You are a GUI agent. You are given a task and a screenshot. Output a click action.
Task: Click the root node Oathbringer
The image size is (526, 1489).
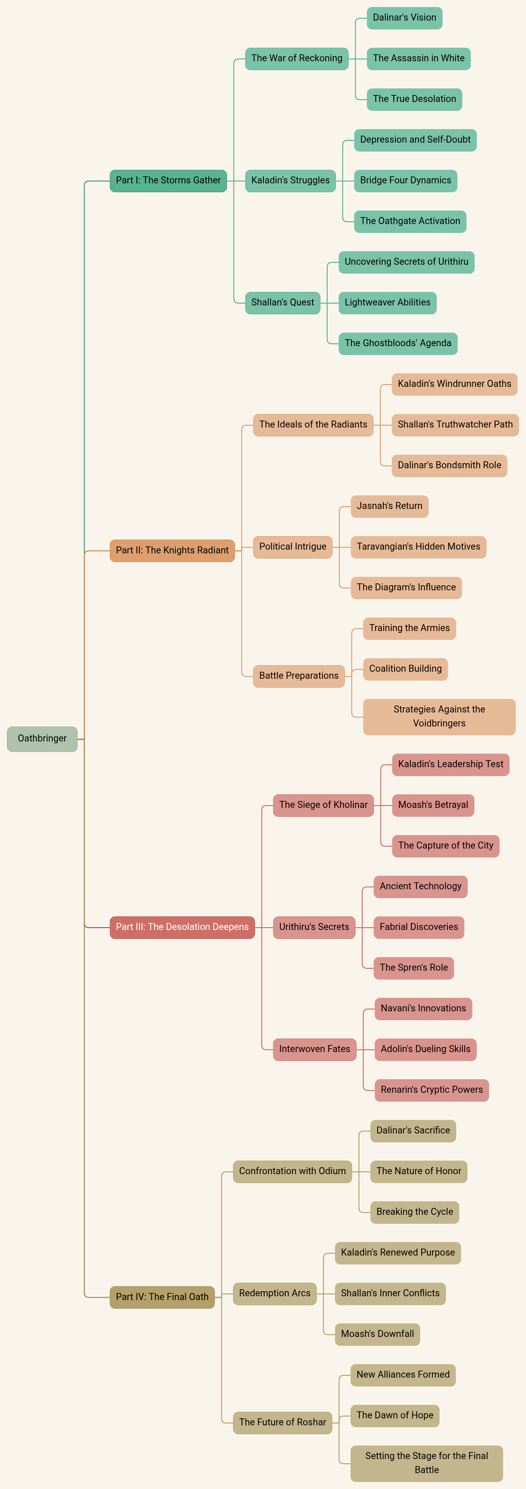42,739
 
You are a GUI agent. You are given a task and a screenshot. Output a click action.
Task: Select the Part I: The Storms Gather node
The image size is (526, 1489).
168,181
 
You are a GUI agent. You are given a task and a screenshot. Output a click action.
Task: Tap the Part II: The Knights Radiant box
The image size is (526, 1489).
172,550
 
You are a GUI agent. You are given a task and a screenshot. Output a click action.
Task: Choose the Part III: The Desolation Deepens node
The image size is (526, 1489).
182,927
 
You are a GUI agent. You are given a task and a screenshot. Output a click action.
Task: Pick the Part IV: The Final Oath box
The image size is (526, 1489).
162,1297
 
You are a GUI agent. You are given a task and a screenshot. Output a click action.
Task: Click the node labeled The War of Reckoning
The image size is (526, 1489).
297,58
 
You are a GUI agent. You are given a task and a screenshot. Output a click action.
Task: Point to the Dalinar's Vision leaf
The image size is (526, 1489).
405,18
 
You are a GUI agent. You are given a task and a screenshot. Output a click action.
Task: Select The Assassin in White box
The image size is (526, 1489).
418,58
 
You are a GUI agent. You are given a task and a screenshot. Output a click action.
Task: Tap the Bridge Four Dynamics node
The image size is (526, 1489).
405,181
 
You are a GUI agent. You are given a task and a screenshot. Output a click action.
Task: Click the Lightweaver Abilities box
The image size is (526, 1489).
387,302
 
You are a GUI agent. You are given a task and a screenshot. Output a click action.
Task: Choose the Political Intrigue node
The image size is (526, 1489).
292,547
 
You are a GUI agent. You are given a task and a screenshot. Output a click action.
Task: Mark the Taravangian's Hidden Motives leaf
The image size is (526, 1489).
418,547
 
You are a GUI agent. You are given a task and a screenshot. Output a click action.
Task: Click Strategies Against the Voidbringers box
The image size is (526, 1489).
439,717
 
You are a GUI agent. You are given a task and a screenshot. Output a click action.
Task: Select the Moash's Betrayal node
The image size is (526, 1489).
433,805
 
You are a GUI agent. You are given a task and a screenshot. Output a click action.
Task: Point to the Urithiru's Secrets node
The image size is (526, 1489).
314,927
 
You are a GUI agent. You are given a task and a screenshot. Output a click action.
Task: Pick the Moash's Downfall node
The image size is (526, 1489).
378,1334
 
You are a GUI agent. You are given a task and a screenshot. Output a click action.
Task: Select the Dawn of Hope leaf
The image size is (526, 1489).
395,1416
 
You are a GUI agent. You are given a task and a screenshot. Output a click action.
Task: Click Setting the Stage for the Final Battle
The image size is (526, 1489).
427,1463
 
